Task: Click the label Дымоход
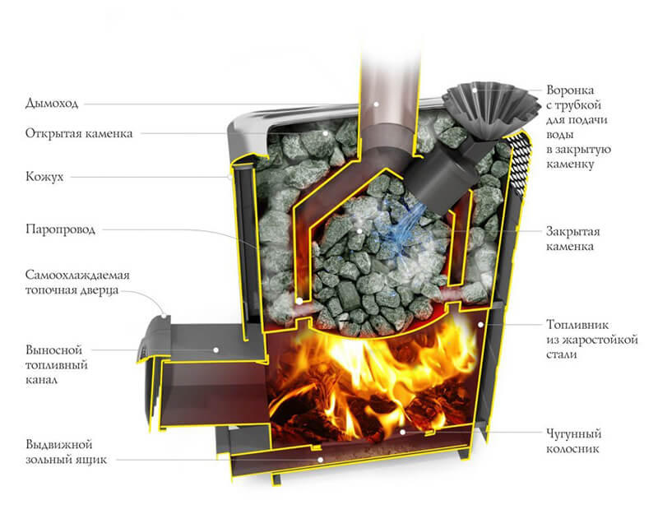point(52,104)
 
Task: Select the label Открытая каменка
point(79,133)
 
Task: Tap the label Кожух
point(44,177)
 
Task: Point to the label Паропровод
point(60,229)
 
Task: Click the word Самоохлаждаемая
point(77,276)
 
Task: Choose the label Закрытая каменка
point(572,238)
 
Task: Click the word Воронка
point(570,90)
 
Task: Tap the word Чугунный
point(573,433)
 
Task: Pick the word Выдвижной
point(58,444)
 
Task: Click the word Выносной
point(53,350)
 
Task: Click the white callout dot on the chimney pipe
point(377,104)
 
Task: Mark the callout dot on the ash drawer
point(320,460)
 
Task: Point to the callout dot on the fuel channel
point(216,350)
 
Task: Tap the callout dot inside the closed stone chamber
point(359,230)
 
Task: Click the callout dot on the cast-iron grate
point(402,432)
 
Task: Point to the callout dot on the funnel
point(475,90)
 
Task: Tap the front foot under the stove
point(276,479)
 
